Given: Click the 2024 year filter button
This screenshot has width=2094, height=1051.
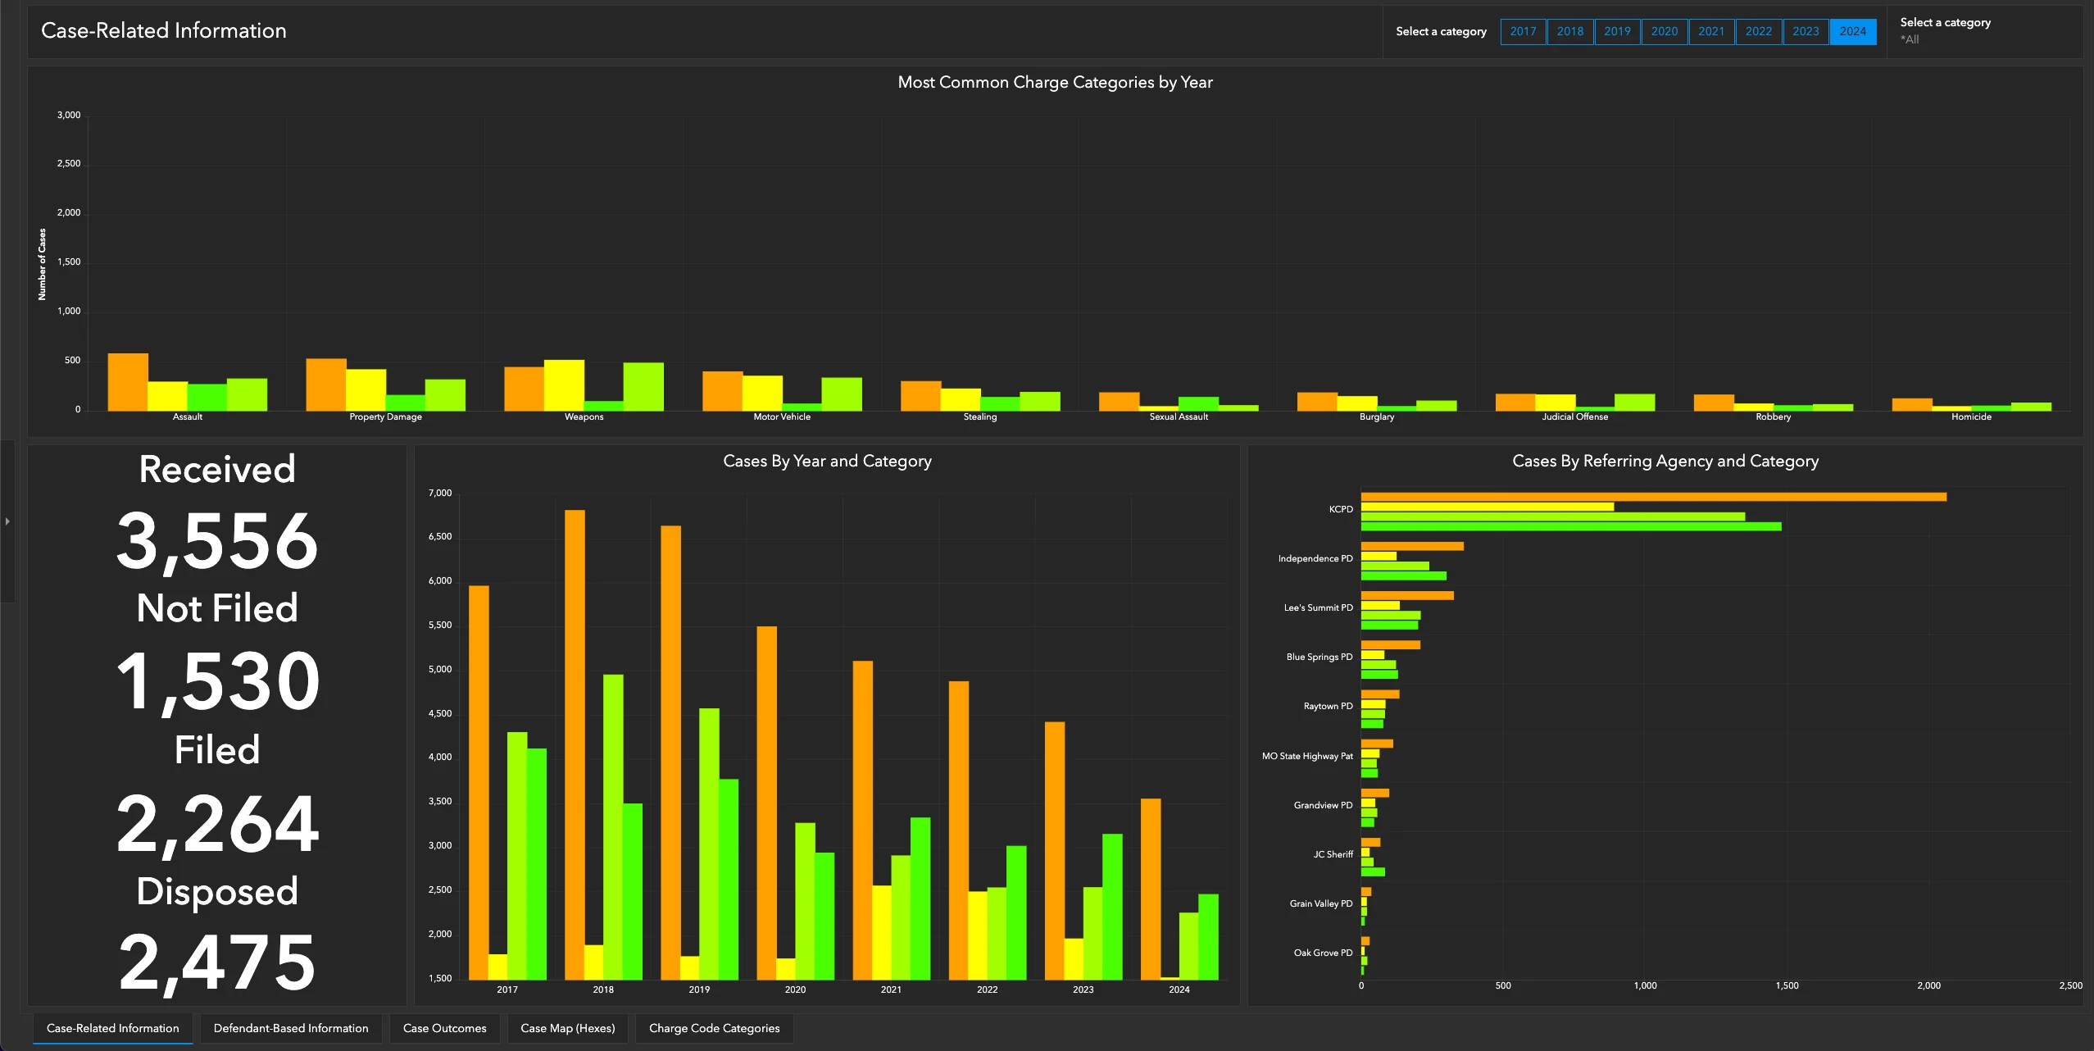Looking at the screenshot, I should click(1852, 31).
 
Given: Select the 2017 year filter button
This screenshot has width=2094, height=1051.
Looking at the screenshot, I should click(1523, 31).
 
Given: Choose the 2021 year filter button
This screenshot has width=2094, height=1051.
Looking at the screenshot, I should click(1711, 31).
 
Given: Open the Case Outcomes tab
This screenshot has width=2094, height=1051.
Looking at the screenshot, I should click(444, 1028).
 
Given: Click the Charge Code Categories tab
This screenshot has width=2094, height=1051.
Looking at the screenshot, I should click(714, 1028).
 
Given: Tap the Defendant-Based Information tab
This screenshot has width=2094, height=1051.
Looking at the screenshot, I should click(291, 1028).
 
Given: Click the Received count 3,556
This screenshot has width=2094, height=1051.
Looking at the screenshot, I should click(217, 541).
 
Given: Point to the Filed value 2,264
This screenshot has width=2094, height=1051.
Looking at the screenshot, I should click(217, 824).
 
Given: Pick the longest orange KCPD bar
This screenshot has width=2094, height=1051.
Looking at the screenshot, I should click(1653, 497).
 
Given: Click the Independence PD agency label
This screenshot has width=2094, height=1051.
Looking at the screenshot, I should click(1315, 558).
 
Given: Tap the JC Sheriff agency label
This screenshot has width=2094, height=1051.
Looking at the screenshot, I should click(1333, 854).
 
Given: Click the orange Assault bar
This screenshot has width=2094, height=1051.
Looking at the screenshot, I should click(128, 382).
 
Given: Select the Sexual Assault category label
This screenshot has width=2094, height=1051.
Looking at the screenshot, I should click(1179, 416).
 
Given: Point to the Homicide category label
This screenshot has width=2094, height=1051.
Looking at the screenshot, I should click(1971, 416).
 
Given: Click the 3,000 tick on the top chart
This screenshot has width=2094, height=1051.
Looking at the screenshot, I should click(69, 115).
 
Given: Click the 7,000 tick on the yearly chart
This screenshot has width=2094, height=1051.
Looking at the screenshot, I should click(440, 493).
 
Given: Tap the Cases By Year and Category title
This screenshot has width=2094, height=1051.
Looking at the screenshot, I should click(827, 461).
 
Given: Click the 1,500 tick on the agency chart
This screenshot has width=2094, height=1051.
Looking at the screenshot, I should click(1787, 985).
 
